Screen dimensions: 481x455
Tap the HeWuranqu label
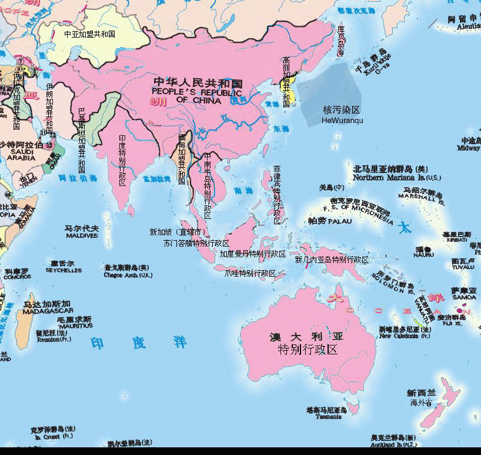342,121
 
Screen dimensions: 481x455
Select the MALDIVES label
82,236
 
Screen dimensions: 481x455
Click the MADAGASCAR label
48,311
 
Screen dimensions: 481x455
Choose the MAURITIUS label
75,326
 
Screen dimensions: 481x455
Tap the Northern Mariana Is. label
396,177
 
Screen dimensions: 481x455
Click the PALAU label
340,222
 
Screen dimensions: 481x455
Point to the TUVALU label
463,267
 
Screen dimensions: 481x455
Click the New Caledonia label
405,336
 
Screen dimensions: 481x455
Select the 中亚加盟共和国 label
89,34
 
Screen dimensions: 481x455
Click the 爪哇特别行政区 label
250,273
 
